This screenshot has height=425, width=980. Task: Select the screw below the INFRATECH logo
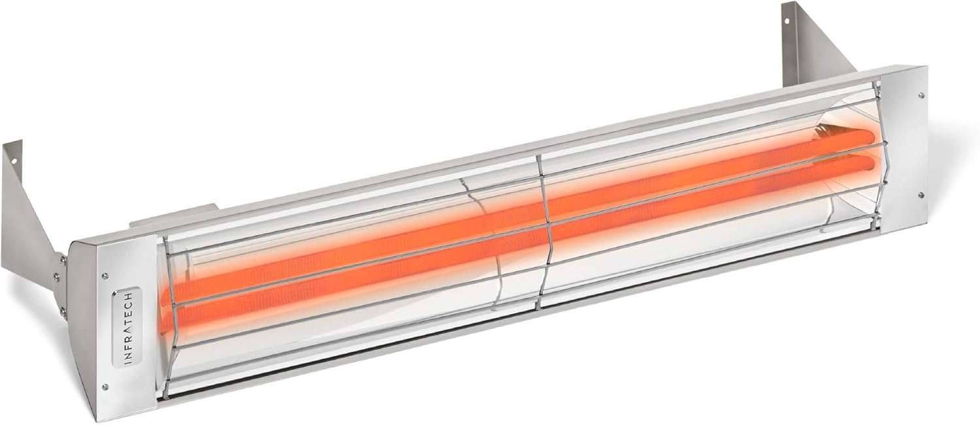pos(105,386)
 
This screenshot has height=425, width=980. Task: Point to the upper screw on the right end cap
pos(921,95)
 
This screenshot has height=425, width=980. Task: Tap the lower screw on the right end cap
pos(921,195)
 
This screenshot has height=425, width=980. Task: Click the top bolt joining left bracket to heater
pos(63,260)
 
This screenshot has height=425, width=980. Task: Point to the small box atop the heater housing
pos(173,215)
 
